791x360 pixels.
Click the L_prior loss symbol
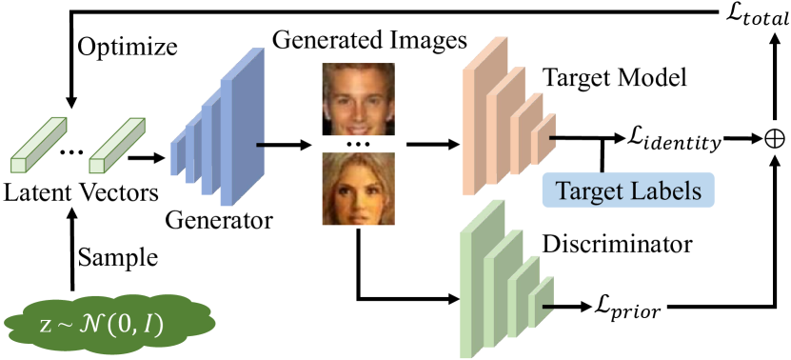point(626,309)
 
